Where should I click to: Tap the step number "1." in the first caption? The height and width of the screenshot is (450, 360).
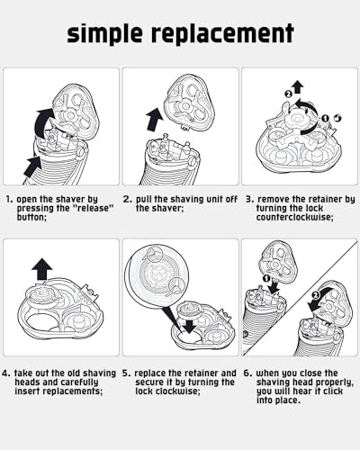click(10, 199)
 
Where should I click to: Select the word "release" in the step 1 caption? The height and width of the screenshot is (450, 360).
click(94, 208)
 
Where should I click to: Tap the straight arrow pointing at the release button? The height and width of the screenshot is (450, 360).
click(32, 166)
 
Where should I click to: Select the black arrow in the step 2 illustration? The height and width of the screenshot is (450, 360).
click(155, 120)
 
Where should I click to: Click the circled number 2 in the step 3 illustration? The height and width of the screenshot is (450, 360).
click(288, 94)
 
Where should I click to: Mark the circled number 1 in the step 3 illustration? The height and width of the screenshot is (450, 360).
click(325, 119)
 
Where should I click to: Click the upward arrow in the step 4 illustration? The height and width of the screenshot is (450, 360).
click(42, 269)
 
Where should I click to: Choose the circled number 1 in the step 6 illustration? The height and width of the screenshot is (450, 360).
click(265, 279)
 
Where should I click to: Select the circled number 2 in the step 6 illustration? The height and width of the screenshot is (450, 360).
click(315, 295)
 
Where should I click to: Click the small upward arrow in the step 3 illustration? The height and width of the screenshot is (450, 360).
click(298, 87)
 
